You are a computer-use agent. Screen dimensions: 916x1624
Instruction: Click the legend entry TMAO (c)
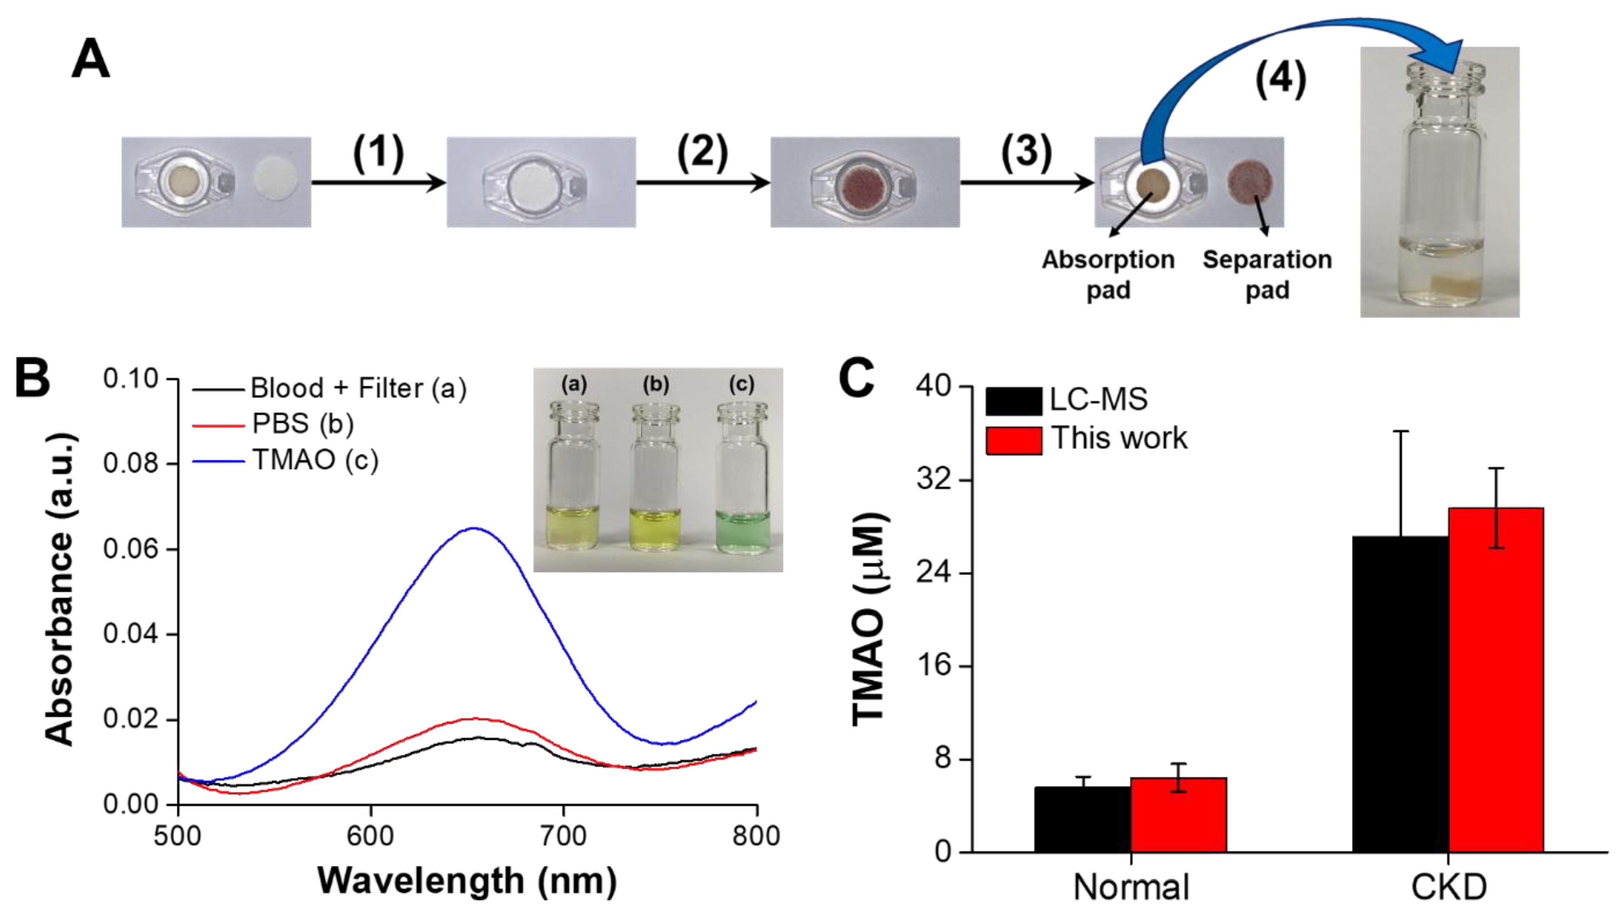coord(315,460)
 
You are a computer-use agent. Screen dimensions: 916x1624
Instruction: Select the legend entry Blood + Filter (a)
coord(358,388)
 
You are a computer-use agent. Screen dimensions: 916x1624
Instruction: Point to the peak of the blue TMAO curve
coord(474,529)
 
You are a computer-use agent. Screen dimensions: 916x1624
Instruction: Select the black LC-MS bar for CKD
coord(1400,694)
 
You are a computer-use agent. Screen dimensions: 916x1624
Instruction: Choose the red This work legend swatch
coord(1014,439)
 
